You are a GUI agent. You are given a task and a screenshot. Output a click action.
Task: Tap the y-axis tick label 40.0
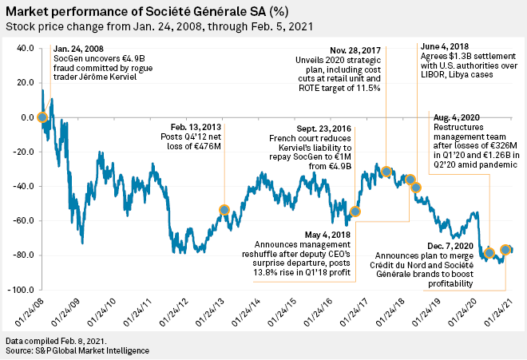[24, 49]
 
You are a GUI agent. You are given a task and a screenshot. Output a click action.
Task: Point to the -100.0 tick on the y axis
[20, 290]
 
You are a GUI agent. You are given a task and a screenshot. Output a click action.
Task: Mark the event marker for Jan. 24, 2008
[42, 117]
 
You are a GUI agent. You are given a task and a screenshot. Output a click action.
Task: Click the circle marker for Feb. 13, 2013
[224, 210]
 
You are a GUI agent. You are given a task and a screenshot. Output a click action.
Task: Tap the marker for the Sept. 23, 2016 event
[355, 212]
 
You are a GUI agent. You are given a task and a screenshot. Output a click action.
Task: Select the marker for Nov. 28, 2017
[386, 172]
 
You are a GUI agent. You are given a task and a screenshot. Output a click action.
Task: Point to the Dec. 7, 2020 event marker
[489, 253]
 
